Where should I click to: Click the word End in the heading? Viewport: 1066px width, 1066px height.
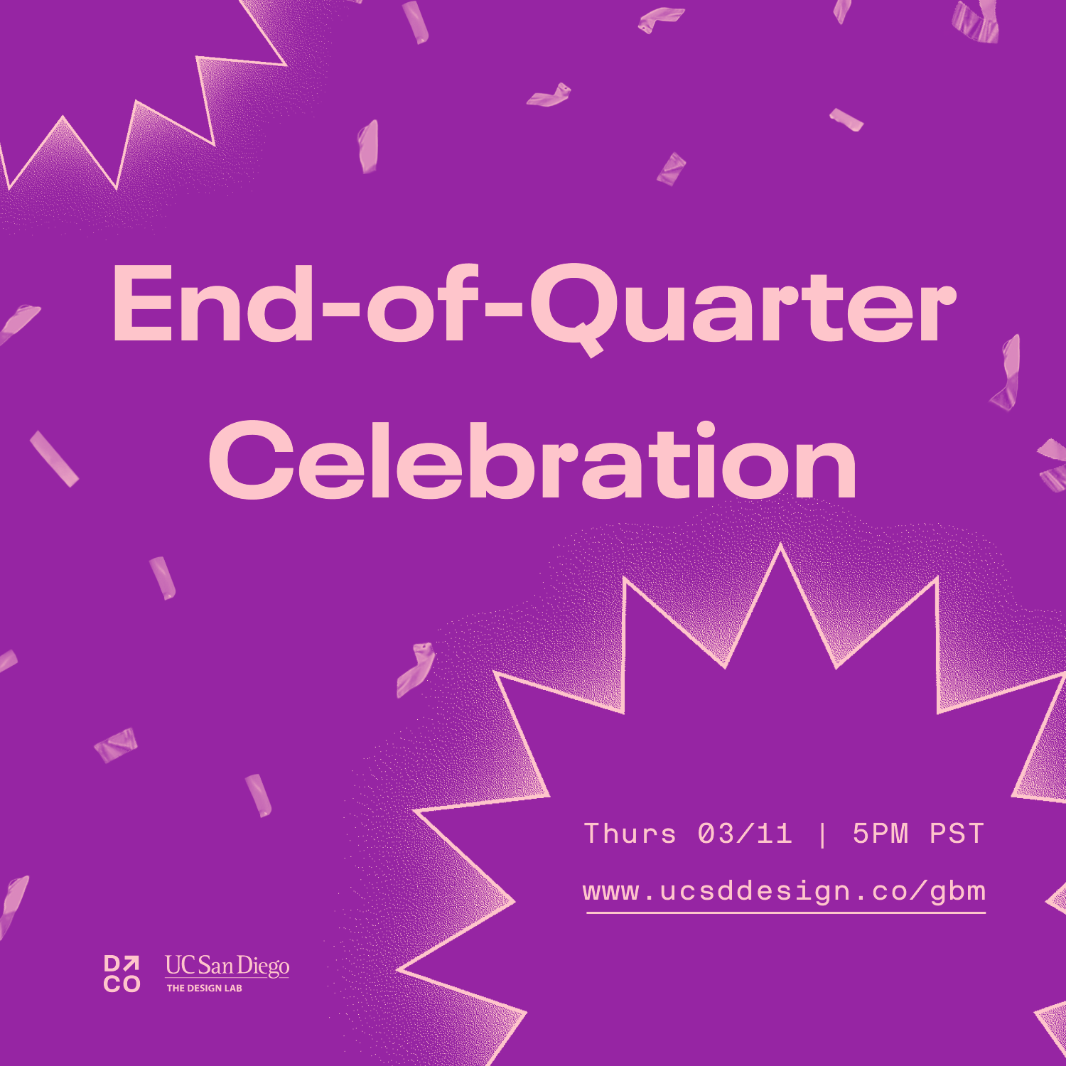[212, 304]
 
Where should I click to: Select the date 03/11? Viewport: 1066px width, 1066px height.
[745, 834]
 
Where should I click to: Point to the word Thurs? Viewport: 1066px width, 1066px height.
[630, 834]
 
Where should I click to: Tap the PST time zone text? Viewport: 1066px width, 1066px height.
[957, 834]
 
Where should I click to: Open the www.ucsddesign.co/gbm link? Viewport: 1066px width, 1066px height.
[785, 891]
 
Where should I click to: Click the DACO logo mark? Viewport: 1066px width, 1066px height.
[122, 974]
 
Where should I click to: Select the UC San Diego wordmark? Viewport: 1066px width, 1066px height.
[227, 966]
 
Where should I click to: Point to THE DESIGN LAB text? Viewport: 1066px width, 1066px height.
[205, 988]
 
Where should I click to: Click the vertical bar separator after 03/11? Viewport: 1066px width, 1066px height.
[823, 834]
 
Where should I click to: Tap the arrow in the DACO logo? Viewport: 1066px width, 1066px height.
[132, 964]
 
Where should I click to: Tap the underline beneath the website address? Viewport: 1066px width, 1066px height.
[786, 911]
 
